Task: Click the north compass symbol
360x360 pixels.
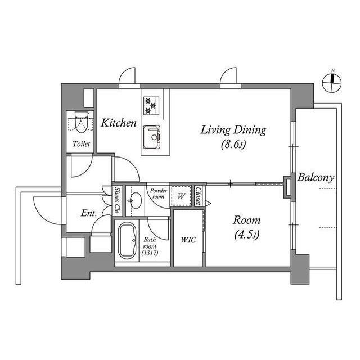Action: coord(331,83)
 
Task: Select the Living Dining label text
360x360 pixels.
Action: coord(233,130)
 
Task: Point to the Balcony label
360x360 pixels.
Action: coord(316,178)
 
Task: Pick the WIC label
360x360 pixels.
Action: coord(188,240)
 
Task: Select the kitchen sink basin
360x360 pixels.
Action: coord(151,136)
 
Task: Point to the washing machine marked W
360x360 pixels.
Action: coord(182,196)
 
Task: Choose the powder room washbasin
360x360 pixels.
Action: coord(135,199)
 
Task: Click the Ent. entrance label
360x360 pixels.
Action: coord(88,213)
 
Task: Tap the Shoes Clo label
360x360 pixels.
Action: coord(118,200)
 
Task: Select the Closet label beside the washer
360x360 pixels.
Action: coord(199,196)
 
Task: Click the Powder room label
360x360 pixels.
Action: coord(157,193)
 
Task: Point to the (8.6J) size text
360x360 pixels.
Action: coord(233,145)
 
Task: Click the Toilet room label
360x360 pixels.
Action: coord(82,144)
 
